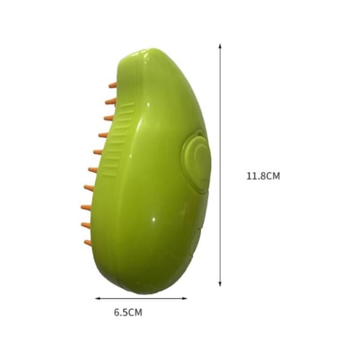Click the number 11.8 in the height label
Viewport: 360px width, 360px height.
[x=256, y=176]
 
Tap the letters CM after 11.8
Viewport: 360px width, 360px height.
[x=273, y=176]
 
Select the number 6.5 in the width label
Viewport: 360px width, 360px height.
[x=121, y=313]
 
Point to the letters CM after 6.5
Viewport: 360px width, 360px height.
[x=135, y=313]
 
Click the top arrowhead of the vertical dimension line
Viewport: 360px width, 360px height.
[x=220, y=46]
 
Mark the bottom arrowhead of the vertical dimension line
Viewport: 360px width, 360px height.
[x=220, y=284]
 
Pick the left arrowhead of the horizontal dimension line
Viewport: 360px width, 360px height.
[x=98, y=298]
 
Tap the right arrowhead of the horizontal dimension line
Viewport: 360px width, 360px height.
[x=185, y=298]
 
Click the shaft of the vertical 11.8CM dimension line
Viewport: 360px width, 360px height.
[x=220, y=165]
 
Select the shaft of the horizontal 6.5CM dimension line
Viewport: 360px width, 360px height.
[x=141, y=298]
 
